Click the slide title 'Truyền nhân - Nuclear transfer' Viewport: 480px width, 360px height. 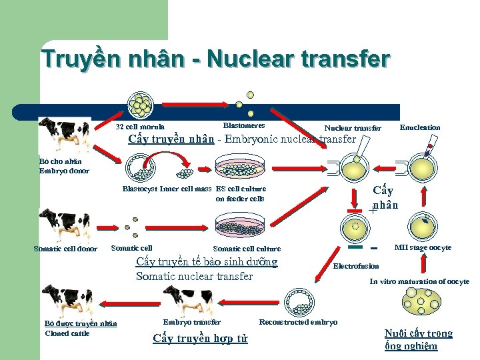point(215,59)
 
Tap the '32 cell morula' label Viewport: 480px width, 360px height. point(140,127)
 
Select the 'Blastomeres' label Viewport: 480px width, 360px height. point(244,125)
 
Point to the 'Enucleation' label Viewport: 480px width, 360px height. point(419,127)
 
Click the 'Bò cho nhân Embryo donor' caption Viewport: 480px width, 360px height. point(64,166)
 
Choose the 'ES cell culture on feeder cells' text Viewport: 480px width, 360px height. point(241,193)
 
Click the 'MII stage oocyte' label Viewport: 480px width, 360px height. point(423,247)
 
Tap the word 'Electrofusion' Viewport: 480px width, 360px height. point(356,266)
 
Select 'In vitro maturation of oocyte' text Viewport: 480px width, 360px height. point(419,281)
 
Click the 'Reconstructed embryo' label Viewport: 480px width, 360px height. point(298,322)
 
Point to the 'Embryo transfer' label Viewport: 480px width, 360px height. point(192,322)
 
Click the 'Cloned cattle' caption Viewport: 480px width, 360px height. point(67,333)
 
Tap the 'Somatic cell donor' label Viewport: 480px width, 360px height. point(65,249)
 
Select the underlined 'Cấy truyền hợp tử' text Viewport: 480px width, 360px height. point(200,338)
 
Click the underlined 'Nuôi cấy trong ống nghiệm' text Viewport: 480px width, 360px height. point(418,339)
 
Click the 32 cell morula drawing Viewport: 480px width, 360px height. point(142,104)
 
